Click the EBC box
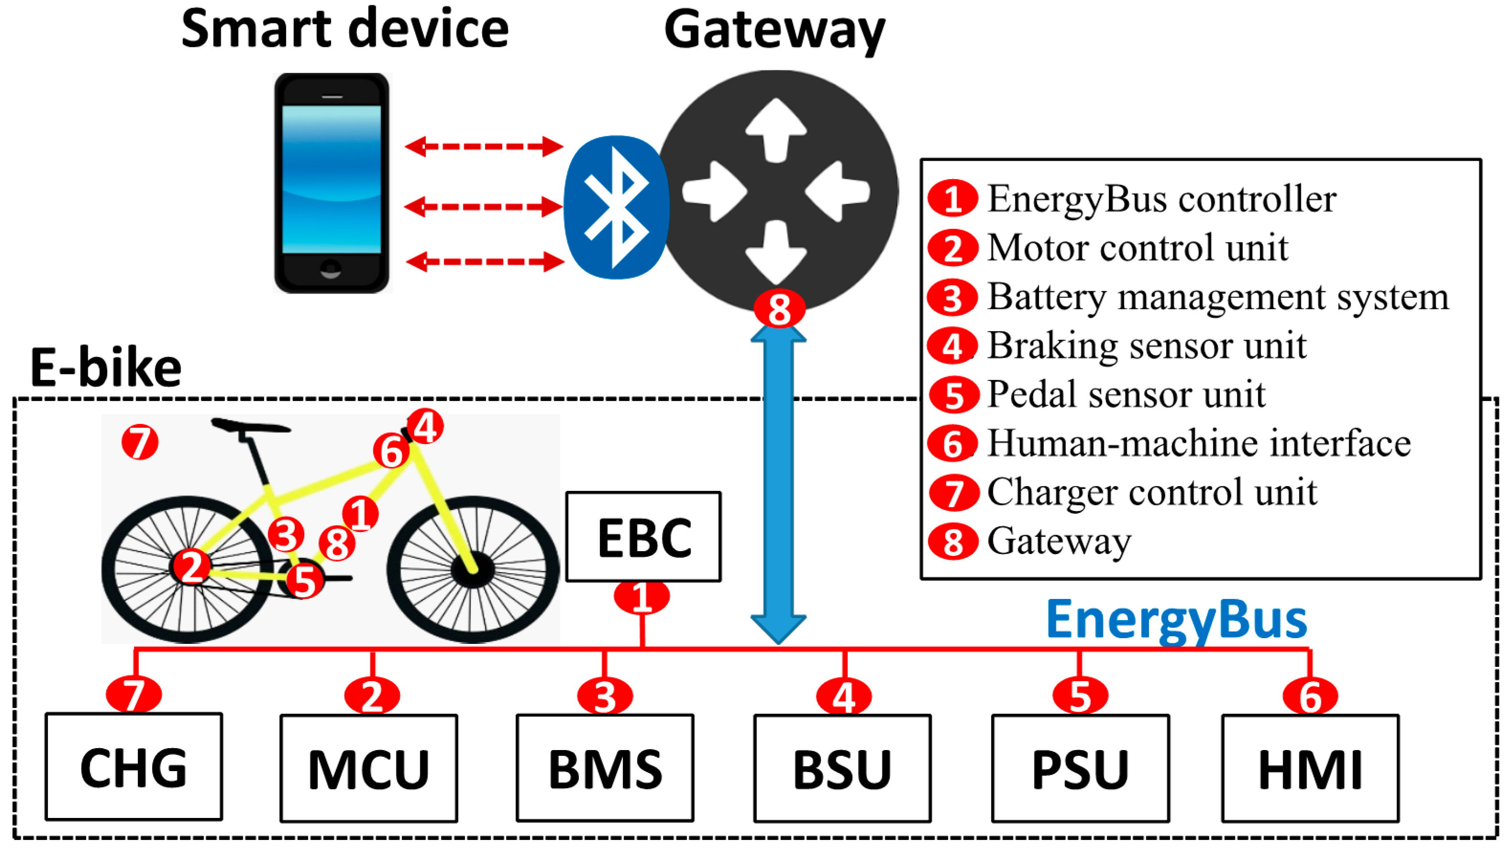click(643, 536)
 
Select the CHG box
click(133, 766)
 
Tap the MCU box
click(368, 768)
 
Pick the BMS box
click(605, 768)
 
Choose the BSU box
click(842, 768)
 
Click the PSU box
click(1080, 768)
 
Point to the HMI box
click(1310, 768)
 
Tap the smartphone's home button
click(331, 269)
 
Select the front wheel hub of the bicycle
click(473, 569)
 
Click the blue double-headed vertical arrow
click(778, 484)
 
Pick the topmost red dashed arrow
click(484, 146)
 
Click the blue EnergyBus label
click(1177, 620)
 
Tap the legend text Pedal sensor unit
click(1126, 394)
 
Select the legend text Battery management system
click(1218, 297)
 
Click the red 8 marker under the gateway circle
click(779, 309)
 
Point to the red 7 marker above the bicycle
click(140, 442)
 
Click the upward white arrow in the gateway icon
click(776, 129)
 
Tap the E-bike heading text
click(105, 368)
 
